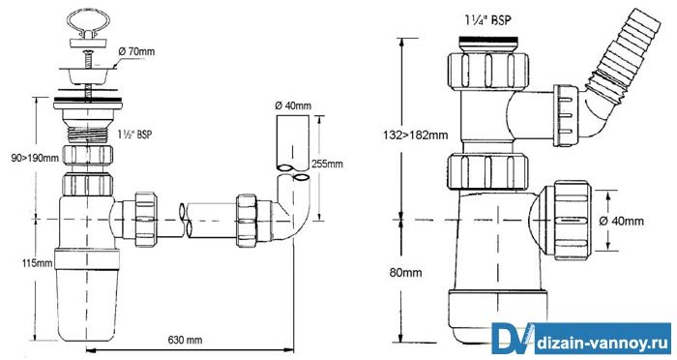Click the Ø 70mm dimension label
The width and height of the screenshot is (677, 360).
135,52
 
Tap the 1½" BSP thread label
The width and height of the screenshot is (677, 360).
135,135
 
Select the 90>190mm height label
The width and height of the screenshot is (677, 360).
35,158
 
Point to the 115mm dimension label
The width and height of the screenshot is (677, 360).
37,263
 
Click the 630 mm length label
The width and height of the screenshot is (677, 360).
185,340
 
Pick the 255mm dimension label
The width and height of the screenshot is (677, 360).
327,164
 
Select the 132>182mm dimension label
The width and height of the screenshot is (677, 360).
416,135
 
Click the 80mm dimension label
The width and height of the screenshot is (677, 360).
405,273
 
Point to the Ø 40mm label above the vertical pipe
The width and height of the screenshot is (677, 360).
293,105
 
